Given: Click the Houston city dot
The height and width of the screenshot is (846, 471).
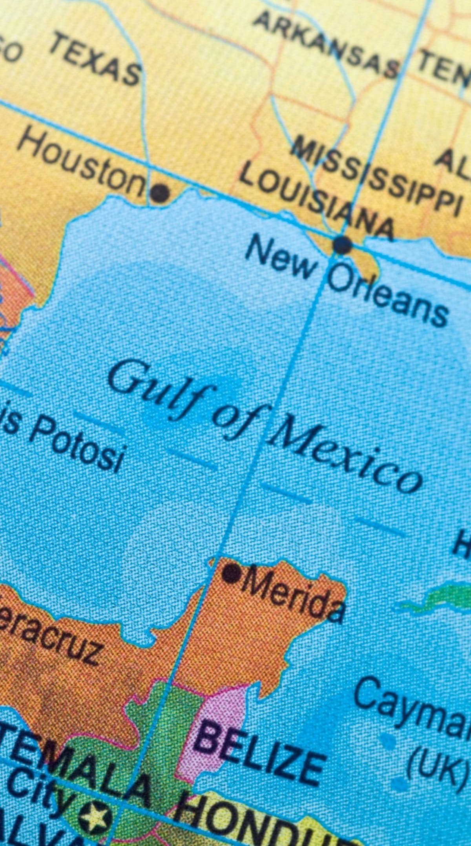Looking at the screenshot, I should click(x=160, y=193).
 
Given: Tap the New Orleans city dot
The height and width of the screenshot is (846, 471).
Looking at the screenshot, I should click(x=342, y=245).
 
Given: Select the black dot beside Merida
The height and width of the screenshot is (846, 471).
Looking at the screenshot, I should click(x=232, y=573).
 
